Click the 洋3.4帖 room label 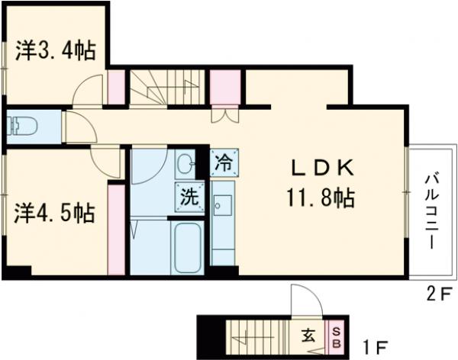pos(56,52)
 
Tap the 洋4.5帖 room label pos(55,213)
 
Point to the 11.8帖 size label pos(321,199)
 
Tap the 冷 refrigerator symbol pos(224,162)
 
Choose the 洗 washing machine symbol pos(189,196)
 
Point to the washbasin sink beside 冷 pos(185,162)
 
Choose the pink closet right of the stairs pos(225,87)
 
